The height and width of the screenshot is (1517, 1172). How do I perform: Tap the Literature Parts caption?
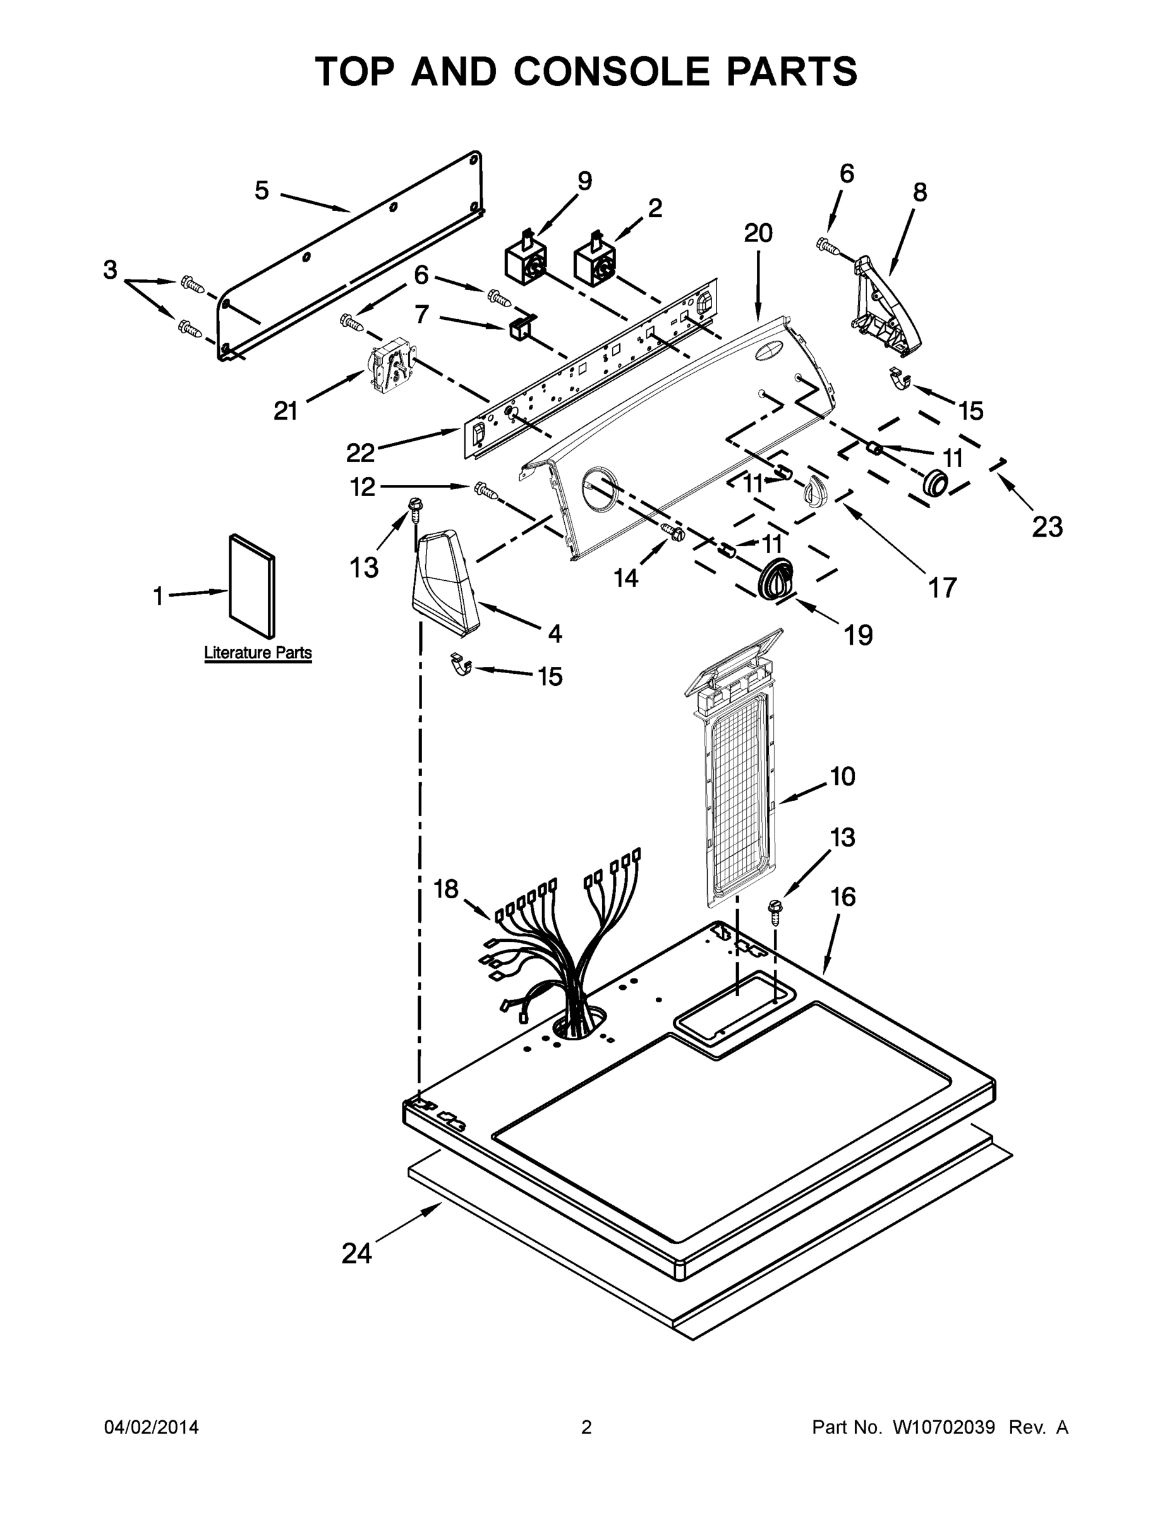(x=258, y=653)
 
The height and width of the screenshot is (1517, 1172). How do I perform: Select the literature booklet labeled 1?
(x=251, y=585)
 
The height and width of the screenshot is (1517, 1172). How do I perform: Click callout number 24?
(x=357, y=1253)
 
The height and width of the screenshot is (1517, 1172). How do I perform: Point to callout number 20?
(x=758, y=233)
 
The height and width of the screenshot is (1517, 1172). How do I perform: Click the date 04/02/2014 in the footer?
(x=152, y=1427)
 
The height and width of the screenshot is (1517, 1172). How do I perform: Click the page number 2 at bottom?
(x=586, y=1427)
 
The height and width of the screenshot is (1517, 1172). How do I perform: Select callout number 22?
(x=360, y=453)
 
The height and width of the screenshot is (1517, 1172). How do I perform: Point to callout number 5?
(x=261, y=190)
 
